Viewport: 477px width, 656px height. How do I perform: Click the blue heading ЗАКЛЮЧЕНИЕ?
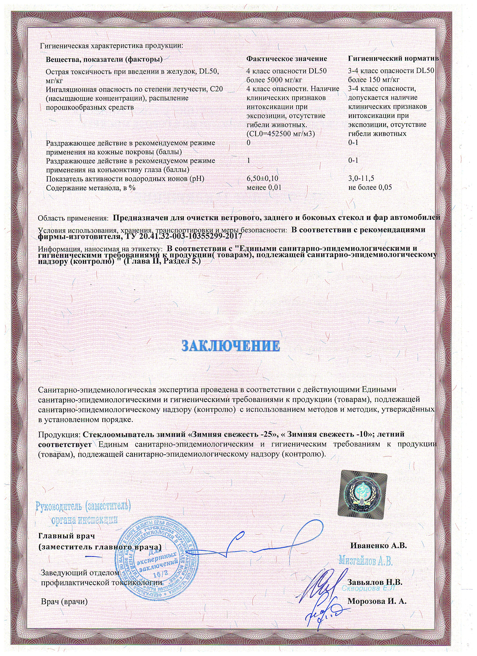[x=231, y=346]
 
